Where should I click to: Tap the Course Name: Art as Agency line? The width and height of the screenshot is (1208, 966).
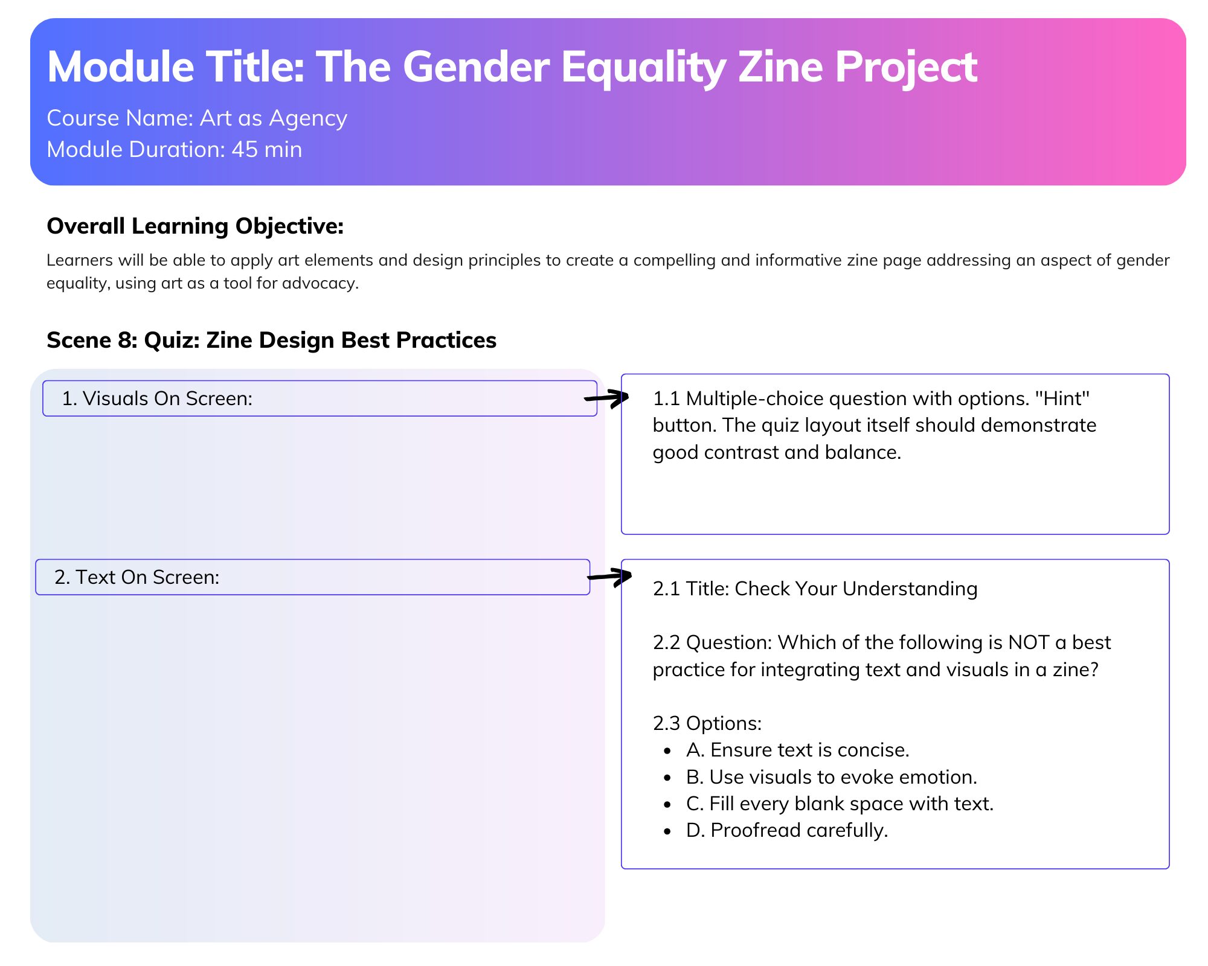[197, 118]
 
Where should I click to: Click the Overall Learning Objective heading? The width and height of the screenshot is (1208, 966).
[195, 226]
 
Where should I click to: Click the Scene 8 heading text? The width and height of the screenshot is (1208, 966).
[271, 341]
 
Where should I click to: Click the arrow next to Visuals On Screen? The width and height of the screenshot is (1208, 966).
[606, 398]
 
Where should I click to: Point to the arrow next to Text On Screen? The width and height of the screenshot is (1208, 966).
[609, 576]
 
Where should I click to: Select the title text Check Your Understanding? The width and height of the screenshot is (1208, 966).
[856, 589]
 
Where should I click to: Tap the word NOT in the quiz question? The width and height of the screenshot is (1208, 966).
[1029, 642]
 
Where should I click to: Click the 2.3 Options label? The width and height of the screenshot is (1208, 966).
[707, 723]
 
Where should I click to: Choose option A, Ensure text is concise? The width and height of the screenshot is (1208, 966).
[797, 750]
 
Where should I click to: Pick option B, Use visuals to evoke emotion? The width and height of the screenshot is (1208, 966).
[832, 777]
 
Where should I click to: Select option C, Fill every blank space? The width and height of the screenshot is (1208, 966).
[840, 804]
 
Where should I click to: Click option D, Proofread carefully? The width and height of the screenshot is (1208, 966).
[787, 831]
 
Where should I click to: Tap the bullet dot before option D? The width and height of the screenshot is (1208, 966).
[667, 832]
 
